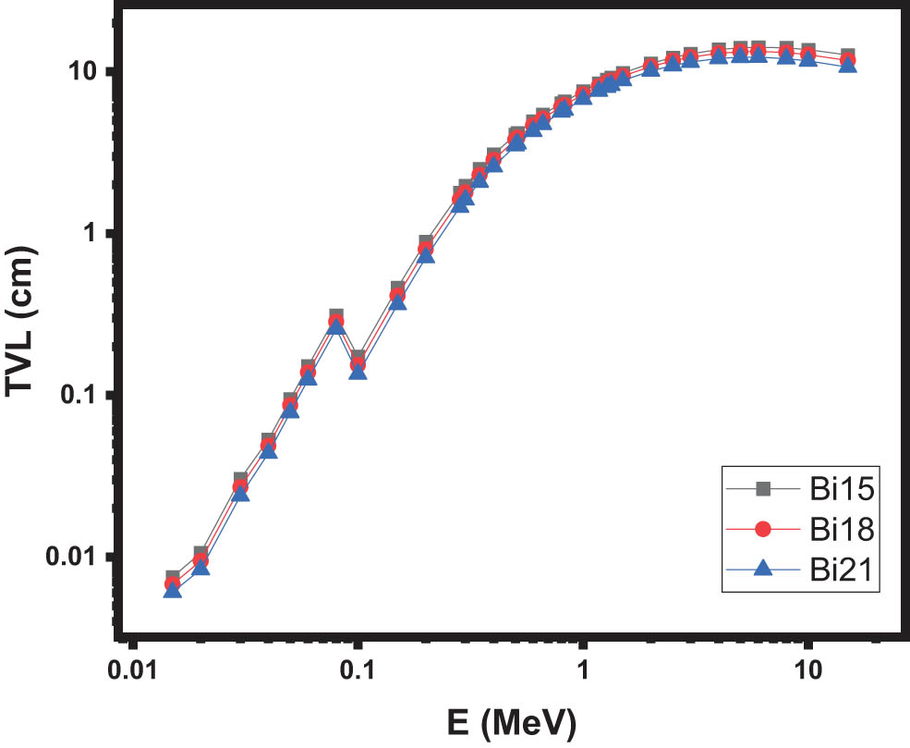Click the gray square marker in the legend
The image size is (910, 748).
(763, 489)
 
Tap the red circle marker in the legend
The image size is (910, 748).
(763, 530)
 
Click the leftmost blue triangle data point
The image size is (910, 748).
(173, 589)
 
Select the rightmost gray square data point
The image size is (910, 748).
(847, 55)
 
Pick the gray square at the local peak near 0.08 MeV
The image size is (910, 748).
(336, 316)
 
